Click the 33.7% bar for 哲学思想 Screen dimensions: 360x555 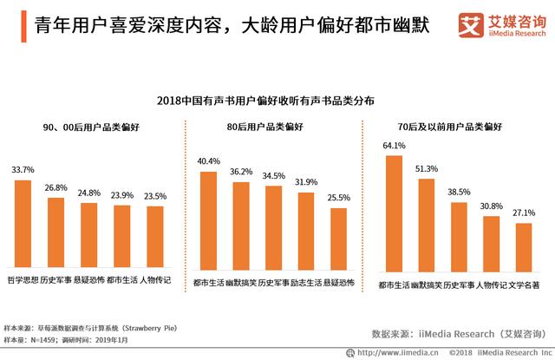(x=23, y=223)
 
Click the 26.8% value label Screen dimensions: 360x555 (x=56, y=187)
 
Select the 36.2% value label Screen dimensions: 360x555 (x=241, y=172)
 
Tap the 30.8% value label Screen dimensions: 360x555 (x=491, y=206)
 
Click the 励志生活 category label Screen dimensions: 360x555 (x=305, y=283)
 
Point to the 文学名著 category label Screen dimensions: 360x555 (x=524, y=283)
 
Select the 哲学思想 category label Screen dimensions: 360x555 (x=23, y=280)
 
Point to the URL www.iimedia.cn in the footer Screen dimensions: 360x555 (x=390, y=352)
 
